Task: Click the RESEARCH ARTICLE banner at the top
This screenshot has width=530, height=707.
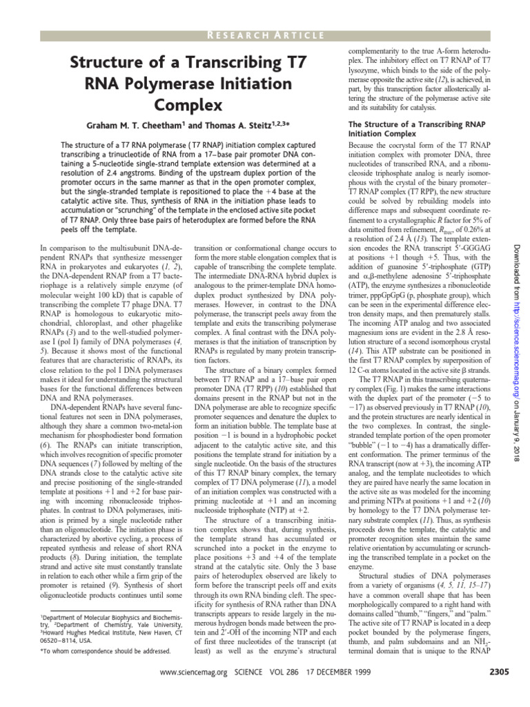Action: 265,36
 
